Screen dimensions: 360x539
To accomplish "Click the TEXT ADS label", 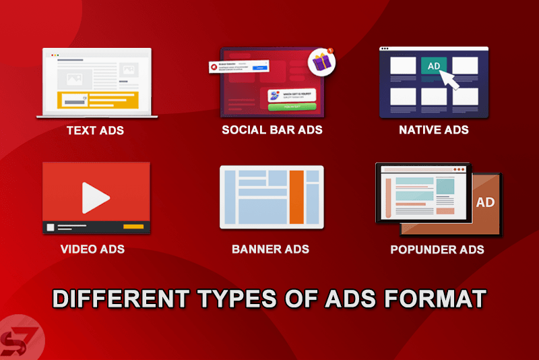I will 95,130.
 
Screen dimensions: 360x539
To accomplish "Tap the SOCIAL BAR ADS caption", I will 272,130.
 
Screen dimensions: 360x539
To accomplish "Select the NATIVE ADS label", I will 433,130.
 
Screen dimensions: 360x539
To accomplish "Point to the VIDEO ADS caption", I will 92,249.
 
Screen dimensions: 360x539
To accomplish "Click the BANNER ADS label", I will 270,249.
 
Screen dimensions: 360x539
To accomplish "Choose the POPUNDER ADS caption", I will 437,249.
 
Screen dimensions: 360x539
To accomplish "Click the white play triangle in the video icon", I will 95,198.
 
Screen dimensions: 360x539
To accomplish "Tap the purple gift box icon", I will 321,63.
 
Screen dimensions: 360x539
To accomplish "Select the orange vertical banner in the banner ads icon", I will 296,197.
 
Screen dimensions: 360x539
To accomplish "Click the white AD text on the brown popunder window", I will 485,202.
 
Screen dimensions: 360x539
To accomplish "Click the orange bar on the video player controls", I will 133,227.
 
